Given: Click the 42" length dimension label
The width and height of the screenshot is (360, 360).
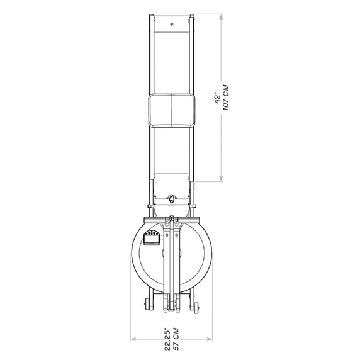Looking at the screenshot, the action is click(217, 98).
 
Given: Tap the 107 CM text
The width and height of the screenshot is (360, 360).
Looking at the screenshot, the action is click(226, 98).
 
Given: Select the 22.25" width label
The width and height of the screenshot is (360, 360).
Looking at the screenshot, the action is click(167, 340).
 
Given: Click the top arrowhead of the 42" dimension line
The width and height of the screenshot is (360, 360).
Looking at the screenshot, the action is click(221, 16).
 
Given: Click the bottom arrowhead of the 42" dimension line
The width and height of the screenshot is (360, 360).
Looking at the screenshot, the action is click(221, 179).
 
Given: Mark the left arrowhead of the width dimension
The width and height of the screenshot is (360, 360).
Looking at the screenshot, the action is click(133, 339).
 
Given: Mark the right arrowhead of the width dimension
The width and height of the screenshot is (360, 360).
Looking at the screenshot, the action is click(210, 339).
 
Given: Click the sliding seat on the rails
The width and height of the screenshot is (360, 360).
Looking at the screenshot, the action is click(172, 110).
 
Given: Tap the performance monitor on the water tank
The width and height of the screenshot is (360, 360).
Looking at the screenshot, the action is click(151, 238).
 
